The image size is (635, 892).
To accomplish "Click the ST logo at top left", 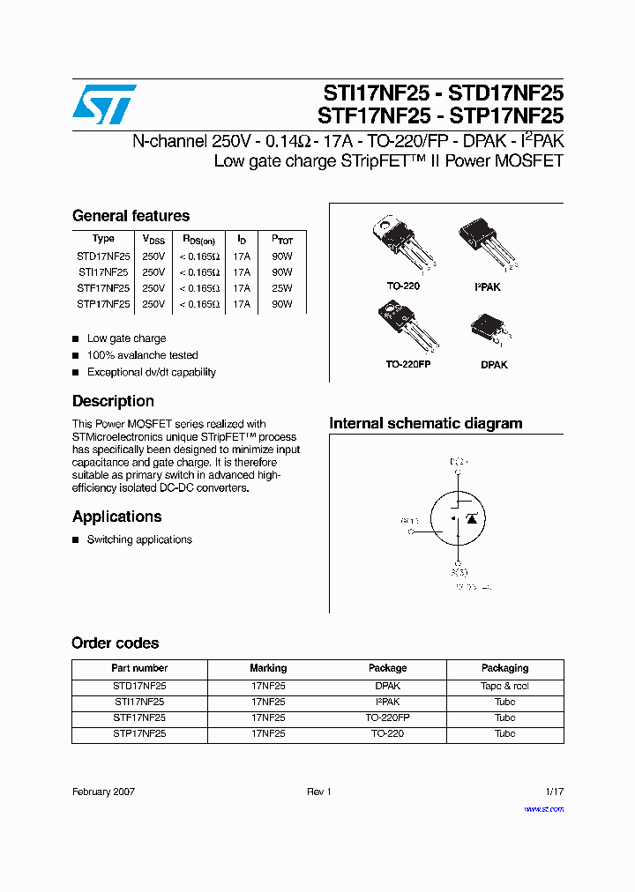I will click(x=104, y=104).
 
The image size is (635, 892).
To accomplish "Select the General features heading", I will click(x=131, y=216).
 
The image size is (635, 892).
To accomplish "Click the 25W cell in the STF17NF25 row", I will click(x=281, y=288).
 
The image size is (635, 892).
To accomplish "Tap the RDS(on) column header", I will click(x=198, y=240).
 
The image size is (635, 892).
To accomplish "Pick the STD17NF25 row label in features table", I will click(x=103, y=256).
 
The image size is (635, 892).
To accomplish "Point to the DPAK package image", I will click(x=494, y=333).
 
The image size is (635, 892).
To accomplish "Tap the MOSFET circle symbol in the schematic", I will click(x=456, y=519).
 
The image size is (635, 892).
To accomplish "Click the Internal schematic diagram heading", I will click(x=425, y=424).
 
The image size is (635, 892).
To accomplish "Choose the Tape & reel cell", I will click(x=504, y=686).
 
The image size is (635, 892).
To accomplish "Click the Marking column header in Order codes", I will click(x=268, y=668).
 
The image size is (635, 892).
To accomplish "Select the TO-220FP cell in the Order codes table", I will click(x=387, y=717).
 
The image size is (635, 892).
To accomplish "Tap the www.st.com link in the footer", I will click(x=543, y=808).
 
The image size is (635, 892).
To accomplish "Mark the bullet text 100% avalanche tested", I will click(x=142, y=355).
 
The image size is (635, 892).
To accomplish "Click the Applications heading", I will click(x=116, y=517).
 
